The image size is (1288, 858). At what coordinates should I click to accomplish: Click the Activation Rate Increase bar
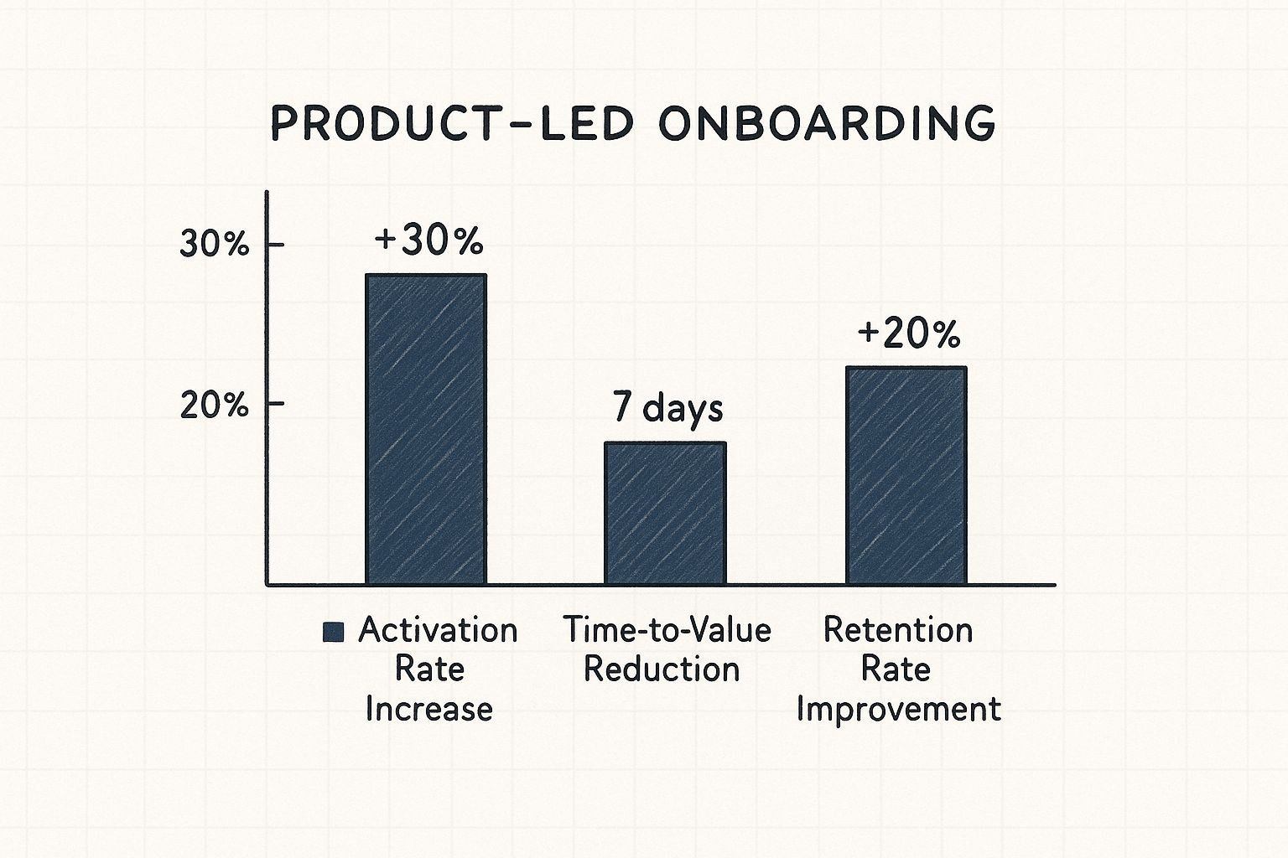[x=425, y=429]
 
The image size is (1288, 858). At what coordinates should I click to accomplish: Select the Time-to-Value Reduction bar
[x=665, y=513]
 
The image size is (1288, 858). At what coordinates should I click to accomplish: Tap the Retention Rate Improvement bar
[x=906, y=475]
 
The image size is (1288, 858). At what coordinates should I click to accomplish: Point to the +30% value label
[x=428, y=241]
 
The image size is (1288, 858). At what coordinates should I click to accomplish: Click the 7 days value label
[x=667, y=408]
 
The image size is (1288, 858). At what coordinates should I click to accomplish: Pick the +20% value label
[x=908, y=334]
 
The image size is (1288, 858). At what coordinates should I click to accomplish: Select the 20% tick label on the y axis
[x=215, y=406]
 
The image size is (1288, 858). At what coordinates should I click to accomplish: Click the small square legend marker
[x=333, y=633]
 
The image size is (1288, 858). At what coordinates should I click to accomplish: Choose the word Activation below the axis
[x=438, y=630]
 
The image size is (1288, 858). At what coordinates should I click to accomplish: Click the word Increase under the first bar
[x=428, y=709]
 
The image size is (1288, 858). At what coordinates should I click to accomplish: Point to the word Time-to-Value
[x=667, y=630]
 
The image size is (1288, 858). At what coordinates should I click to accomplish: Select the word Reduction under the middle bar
[x=662, y=669]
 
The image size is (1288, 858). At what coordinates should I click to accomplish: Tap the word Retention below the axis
[x=898, y=630]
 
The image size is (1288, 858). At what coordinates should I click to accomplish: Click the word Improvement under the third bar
[x=898, y=709]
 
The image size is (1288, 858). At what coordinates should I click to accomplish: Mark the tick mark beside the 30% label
[x=275, y=245]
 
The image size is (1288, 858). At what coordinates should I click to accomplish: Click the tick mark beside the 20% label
[x=275, y=405]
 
